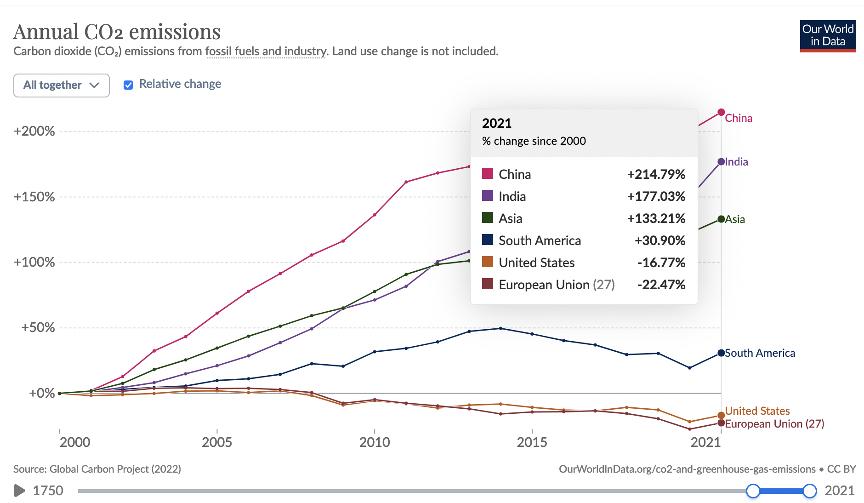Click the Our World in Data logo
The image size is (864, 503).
click(828, 36)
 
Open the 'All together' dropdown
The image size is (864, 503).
click(62, 86)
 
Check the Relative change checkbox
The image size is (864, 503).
click(128, 85)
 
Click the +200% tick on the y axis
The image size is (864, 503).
click(34, 131)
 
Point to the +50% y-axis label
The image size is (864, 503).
click(38, 328)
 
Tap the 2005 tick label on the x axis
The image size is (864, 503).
click(217, 442)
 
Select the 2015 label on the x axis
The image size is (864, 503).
click(532, 442)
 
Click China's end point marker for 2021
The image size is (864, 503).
click(721, 112)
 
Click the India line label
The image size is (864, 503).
click(736, 162)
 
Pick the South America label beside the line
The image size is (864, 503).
click(760, 353)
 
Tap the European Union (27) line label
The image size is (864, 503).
click(774, 424)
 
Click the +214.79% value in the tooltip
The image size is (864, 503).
click(656, 174)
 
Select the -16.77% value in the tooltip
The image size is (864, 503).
click(661, 263)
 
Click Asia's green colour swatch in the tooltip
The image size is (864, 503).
click(488, 217)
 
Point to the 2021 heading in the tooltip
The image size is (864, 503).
click(496, 123)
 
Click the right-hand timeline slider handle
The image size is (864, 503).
click(810, 491)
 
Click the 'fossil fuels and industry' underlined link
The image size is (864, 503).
click(266, 51)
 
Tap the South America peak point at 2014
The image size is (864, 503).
click(500, 328)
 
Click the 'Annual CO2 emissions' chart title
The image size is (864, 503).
click(117, 32)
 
